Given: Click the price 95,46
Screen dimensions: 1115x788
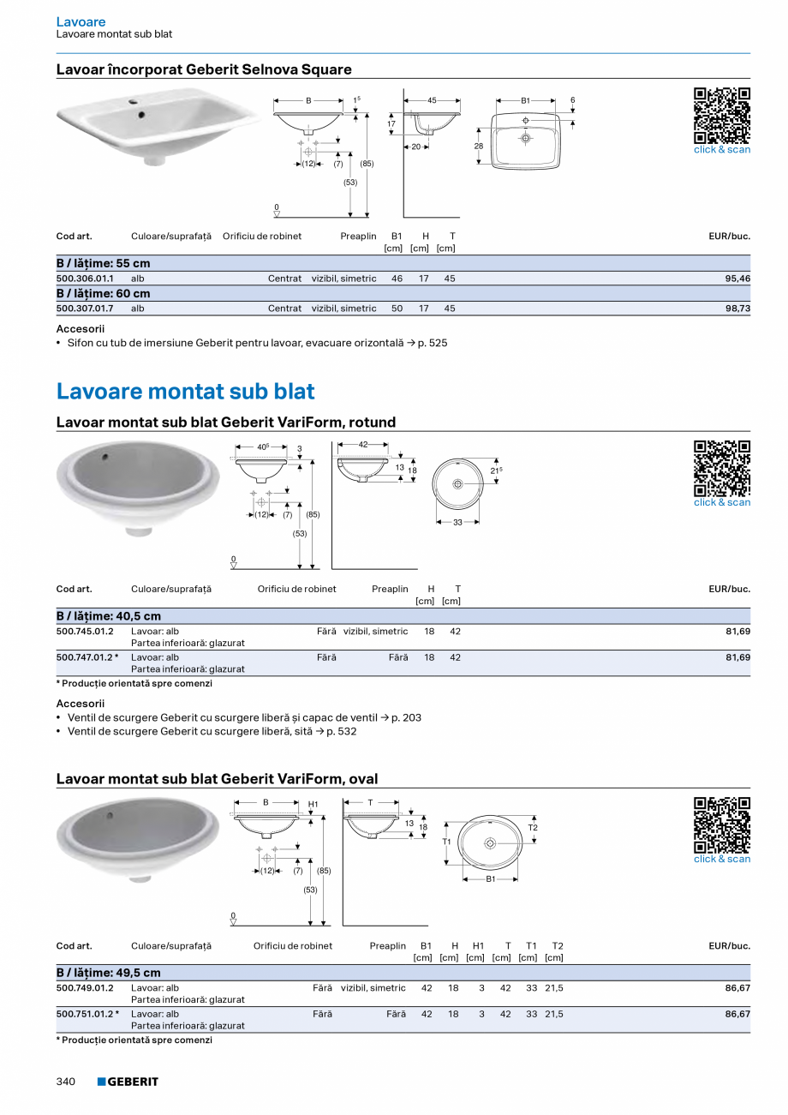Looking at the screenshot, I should [737, 279].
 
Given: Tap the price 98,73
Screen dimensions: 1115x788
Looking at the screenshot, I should [737, 309].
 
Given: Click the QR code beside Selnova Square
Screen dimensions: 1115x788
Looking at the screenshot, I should [721, 116].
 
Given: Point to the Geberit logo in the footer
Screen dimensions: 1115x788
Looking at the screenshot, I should [128, 1082].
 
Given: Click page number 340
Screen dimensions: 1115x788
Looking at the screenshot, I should [66, 1082].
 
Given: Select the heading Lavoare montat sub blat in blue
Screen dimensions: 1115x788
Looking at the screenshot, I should [185, 392].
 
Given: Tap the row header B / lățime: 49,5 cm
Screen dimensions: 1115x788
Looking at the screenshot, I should [109, 973].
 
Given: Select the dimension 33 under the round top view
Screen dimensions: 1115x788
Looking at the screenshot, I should [457, 522].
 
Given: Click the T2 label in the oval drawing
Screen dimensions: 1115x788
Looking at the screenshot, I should [533, 827].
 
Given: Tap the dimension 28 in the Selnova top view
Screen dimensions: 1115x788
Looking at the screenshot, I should [479, 147].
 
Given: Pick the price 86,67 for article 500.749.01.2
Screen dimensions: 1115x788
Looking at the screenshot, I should [737, 988].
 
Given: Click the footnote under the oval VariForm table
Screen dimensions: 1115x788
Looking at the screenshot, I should [134, 1040].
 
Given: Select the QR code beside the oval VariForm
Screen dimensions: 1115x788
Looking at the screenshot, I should [721, 825].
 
